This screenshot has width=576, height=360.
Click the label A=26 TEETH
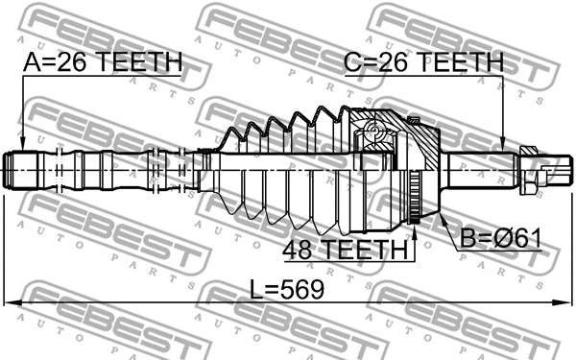tap(102, 62)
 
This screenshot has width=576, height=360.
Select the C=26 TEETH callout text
tap(423, 62)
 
